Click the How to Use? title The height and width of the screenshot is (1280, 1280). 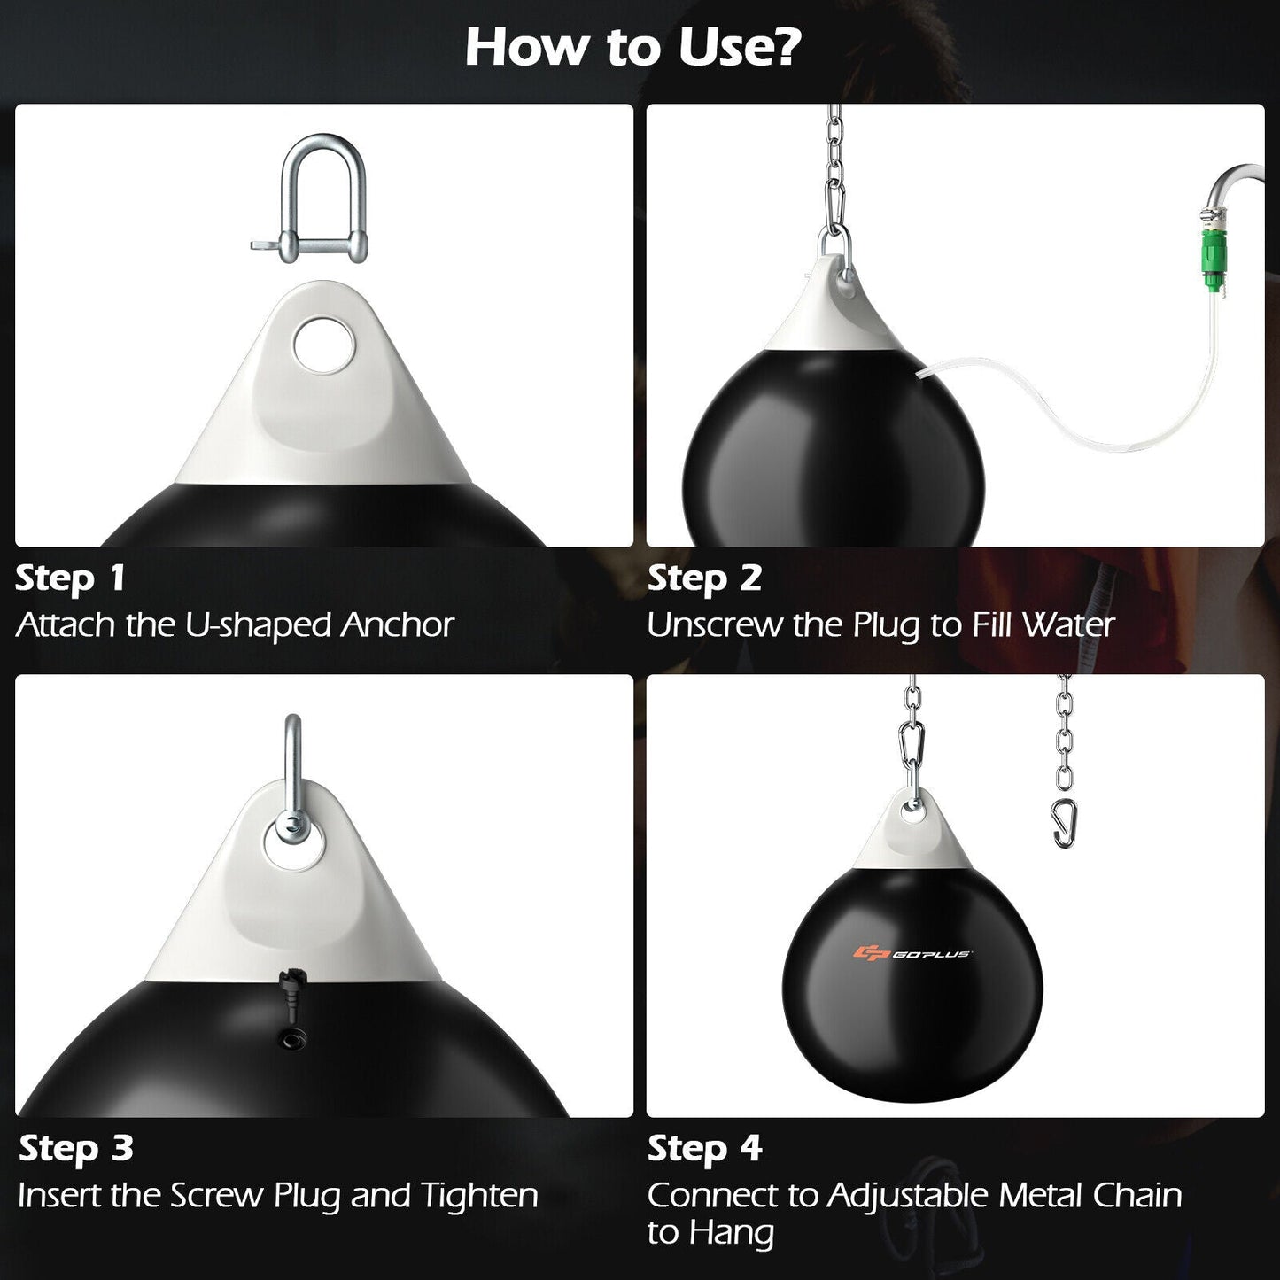point(632,47)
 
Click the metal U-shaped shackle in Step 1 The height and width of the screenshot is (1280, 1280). point(322,199)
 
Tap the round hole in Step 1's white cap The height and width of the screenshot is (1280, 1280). point(322,344)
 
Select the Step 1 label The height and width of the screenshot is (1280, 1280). point(71,578)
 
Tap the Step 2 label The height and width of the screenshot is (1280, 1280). point(704,578)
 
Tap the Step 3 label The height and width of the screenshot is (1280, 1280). point(76,1149)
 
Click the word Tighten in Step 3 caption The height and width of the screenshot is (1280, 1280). point(479,1196)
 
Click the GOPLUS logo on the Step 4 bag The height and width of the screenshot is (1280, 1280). point(912,953)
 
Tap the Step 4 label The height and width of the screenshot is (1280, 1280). point(704,1149)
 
